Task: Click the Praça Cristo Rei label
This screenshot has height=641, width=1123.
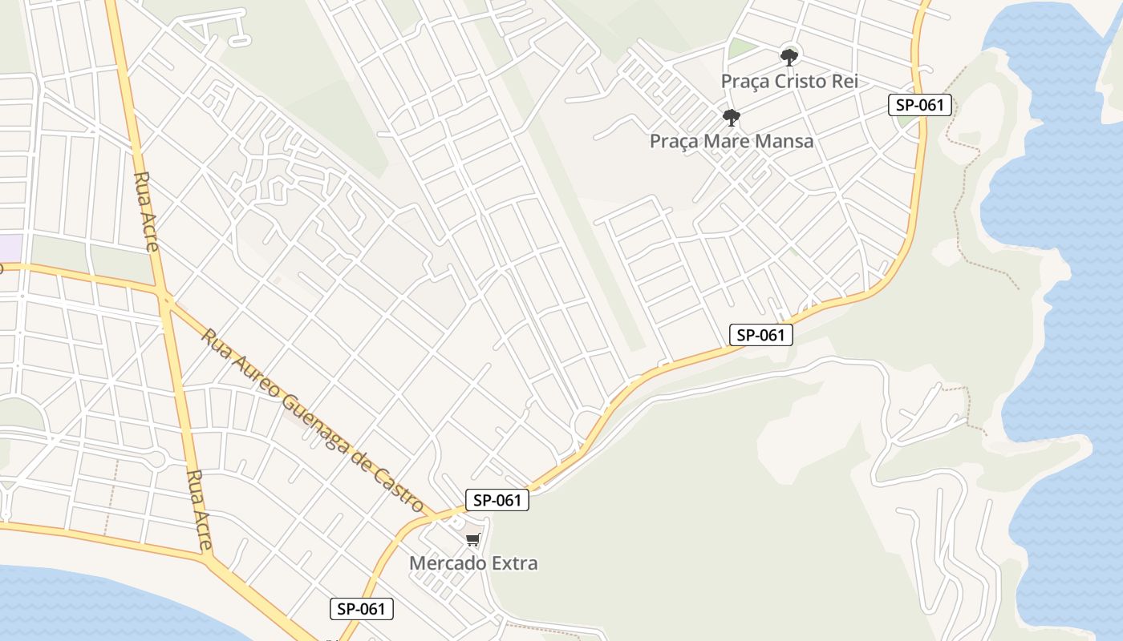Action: pos(789,81)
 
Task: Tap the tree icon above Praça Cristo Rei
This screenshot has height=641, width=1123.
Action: pos(789,57)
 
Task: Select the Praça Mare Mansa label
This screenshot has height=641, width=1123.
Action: pos(732,141)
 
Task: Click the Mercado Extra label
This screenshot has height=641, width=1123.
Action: pos(473,562)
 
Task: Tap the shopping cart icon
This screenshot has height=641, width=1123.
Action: pos(473,540)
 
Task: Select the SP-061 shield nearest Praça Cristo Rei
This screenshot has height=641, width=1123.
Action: pos(920,105)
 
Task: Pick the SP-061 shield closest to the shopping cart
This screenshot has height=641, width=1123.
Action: pos(497,500)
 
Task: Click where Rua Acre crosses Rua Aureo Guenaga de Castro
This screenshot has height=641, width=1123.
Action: pos(166,301)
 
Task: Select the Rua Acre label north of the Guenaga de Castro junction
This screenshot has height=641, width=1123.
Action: pos(147,212)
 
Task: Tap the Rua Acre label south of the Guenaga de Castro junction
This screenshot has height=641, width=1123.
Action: pos(198,510)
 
